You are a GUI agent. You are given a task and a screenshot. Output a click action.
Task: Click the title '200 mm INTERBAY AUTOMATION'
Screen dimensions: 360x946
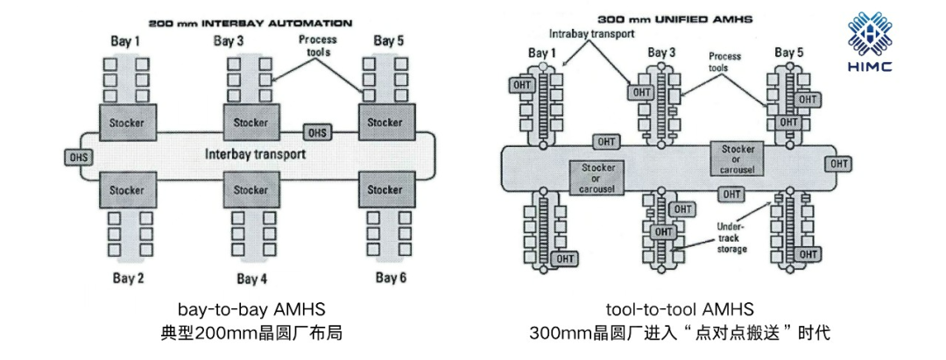[251, 23]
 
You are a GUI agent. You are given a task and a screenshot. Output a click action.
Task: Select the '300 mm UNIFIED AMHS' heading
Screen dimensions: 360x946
[676, 18]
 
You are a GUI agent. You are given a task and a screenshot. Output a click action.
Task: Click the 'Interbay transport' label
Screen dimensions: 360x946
[255, 154]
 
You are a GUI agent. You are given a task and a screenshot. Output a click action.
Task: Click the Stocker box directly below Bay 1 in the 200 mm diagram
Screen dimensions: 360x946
[127, 123]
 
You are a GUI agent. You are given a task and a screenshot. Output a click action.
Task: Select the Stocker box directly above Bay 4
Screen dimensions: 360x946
[251, 189]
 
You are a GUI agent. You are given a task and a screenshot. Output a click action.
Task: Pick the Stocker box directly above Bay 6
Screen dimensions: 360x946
[385, 189]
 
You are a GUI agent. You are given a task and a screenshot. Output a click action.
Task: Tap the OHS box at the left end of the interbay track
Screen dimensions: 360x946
[78, 157]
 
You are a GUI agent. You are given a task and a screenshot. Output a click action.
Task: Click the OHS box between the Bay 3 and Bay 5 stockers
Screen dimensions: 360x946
[317, 132]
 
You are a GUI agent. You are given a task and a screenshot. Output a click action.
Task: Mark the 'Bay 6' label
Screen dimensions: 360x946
[391, 278]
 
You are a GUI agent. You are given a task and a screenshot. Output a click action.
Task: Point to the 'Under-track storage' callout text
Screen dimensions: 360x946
[731, 236]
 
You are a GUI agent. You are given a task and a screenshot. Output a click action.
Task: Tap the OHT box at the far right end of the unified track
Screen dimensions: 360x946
[839, 164]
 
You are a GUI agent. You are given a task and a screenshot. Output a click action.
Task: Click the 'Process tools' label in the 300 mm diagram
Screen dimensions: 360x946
[724, 62]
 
